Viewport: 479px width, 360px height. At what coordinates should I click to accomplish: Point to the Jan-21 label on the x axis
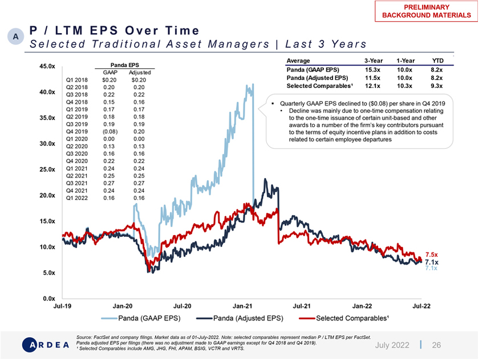[x=243, y=306]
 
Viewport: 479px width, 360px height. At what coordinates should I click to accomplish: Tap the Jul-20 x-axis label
[x=182, y=306]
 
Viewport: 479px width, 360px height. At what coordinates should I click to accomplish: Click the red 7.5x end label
[x=431, y=254]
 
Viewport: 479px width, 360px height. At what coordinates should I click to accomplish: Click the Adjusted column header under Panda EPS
[x=140, y=72]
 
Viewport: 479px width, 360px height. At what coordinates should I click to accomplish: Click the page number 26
[x=436, y=345]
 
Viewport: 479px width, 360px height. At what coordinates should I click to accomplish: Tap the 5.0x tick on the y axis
[x=47, y=273]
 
